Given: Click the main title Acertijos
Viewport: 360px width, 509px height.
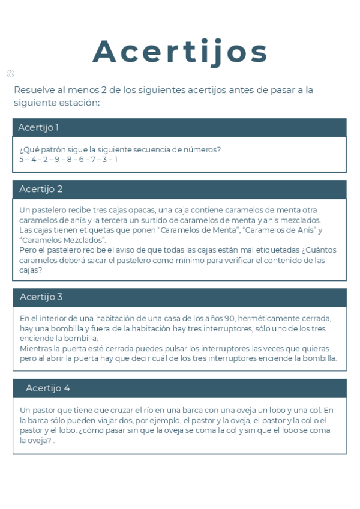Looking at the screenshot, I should coord(180,52).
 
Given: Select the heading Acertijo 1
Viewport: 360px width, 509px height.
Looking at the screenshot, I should coord(38,127).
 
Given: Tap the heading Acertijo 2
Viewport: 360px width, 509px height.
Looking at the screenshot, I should coord(41,189).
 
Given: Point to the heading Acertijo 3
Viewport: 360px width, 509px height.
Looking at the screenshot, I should coord(41,297).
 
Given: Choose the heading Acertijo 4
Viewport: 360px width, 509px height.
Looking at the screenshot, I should coord(48,388).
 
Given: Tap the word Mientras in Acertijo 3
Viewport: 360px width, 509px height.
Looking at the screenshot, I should coord(36,349).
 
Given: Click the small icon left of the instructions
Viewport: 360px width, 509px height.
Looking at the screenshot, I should coord(10,73).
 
